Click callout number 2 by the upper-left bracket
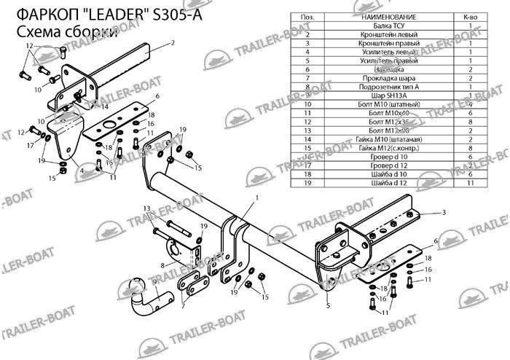[173, 44]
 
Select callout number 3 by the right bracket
[443, 212]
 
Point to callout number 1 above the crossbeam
[256, 197]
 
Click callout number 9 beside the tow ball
[154, 281]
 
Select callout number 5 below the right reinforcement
[329, 305]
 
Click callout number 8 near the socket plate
[162, 265]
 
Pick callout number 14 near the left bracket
[105, 106]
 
